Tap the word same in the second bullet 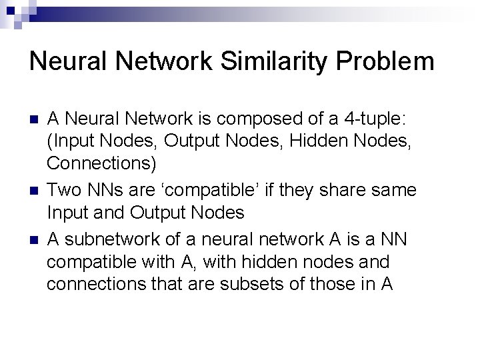click(394, 191)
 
